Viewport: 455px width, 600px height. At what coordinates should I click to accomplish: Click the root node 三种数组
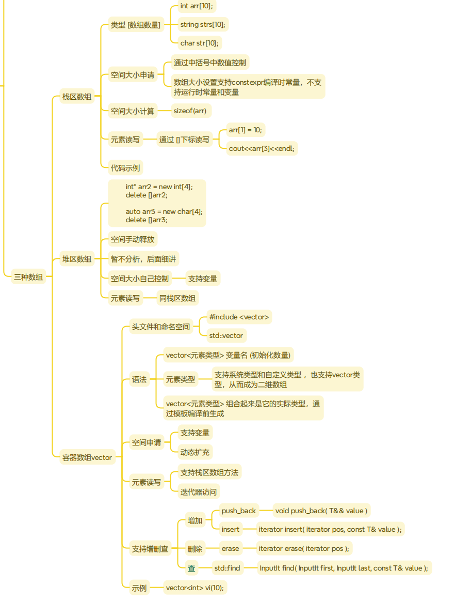28,278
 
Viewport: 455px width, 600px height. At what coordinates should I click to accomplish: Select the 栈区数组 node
77,97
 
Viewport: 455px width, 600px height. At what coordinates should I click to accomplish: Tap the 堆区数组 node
77,259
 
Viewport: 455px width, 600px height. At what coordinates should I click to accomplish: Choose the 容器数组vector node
87,457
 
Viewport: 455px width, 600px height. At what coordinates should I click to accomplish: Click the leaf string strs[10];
203,24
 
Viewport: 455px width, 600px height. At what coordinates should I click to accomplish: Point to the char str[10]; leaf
199,43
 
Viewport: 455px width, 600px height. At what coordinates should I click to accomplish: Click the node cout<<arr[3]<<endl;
262,148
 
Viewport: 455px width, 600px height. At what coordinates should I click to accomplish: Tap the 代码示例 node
125,167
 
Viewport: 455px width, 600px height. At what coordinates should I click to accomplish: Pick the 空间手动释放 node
132,239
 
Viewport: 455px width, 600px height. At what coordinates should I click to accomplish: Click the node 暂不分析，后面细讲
143,259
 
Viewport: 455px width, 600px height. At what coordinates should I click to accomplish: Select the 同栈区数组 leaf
177,298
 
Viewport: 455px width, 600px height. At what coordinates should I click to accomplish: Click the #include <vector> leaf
239,317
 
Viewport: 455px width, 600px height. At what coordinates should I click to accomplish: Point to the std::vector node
225,335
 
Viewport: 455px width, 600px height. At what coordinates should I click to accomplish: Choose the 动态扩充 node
194,452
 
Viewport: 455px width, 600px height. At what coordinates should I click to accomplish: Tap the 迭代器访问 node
198,491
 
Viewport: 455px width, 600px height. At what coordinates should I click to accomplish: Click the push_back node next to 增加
238,511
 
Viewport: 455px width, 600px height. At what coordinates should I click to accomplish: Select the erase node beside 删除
230,548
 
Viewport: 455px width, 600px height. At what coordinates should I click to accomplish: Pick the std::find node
227,568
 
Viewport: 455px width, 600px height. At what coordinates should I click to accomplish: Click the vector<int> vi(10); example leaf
194,588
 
